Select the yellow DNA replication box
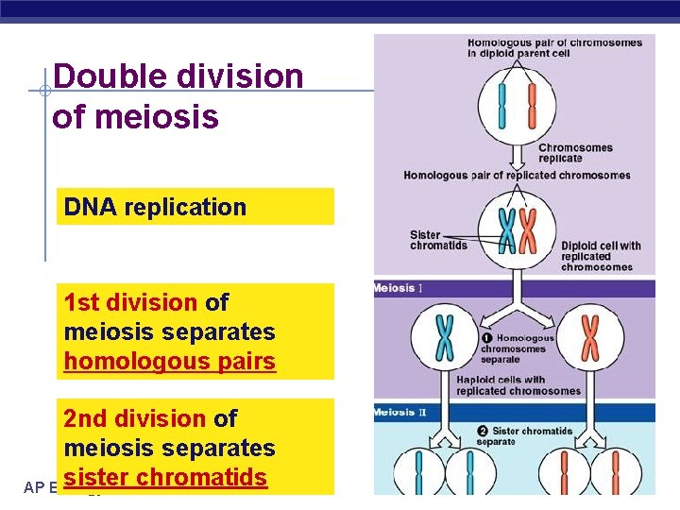tap(195, 207)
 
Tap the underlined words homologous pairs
tap(170, 362)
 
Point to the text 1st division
tap(130, 302)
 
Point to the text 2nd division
tap(134, 417)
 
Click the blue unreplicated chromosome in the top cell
tap(502, 107)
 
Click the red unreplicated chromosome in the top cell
tap(531, 107)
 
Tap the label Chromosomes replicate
tap(575, 153)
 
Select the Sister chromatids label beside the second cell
tap(438, 240)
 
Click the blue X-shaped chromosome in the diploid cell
tap(506, 229)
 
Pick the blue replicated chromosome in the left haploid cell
tap(443, 338)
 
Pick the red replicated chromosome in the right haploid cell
tap(589, 338)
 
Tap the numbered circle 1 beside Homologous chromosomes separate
tap(487, 337)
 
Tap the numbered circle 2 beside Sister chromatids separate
tap(483, 433)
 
